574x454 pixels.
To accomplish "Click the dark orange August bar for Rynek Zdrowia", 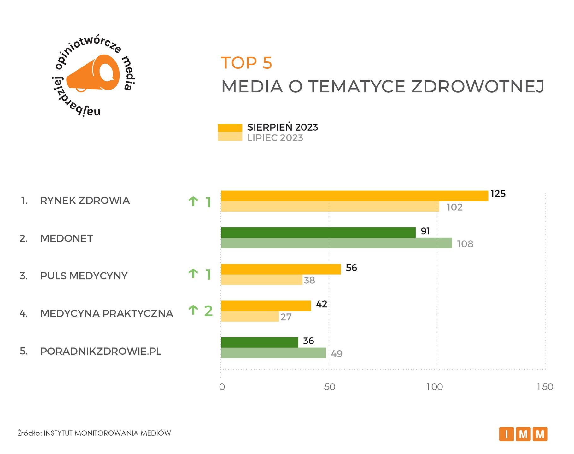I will tap(354, 196).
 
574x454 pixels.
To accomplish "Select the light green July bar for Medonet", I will tap(336, 243).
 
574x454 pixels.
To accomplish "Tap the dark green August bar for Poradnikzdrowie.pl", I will tap(259, 342).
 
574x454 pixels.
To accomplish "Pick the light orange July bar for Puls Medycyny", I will tap(261, 280).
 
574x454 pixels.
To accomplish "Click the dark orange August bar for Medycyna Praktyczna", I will tap(266, 306).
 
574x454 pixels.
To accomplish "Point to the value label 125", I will tap(498, 194).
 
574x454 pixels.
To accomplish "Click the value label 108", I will tap(465, 244).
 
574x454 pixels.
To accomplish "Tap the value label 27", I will tap(286, 317).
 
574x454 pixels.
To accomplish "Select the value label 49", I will tap(337, 354).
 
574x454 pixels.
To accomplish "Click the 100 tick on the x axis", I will tap(435, 387).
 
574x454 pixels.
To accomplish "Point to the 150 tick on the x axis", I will tap(545, 387).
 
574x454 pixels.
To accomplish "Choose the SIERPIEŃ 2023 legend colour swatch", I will tap(230, 128).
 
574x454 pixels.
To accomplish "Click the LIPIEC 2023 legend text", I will tap(275, 138).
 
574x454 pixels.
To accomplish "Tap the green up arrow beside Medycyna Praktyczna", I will tap(193, 310).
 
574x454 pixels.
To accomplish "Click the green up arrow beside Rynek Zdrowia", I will tap(193, 201).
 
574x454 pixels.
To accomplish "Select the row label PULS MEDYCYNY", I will tap(84, 276).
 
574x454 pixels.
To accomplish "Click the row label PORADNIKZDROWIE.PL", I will tap(101, 351).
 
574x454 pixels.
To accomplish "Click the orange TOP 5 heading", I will tap(246, 63).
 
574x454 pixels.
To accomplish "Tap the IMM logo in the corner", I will tap(523, 434).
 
